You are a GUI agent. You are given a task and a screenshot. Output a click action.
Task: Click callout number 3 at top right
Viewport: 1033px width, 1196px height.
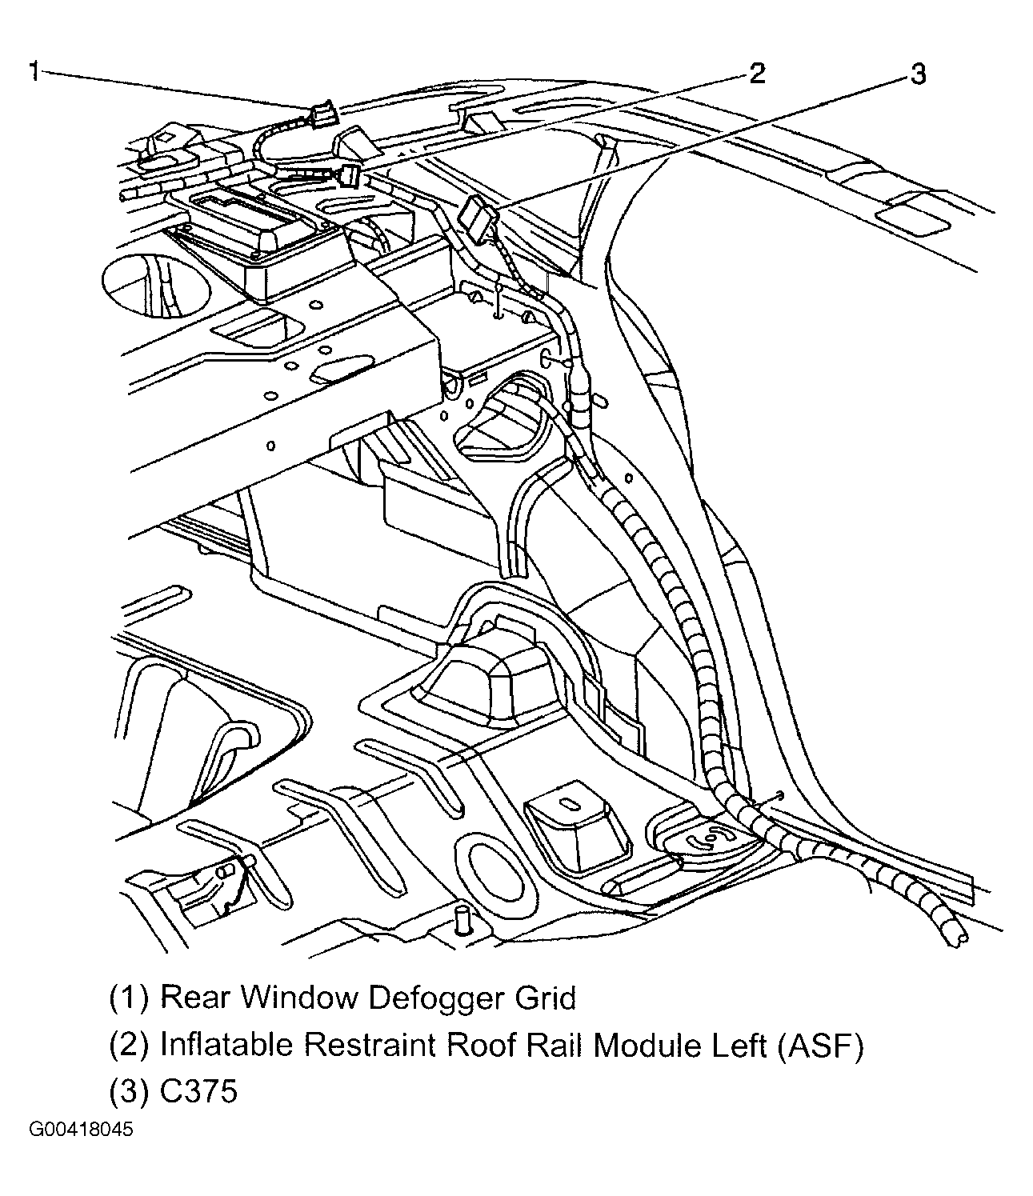point(917,75)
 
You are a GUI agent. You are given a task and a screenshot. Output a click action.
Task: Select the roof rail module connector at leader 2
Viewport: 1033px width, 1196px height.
point(349,175)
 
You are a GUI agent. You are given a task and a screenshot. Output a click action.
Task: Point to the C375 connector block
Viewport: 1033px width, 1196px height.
point(478,218)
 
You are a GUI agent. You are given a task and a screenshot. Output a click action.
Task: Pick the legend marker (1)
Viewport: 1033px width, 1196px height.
point(129,998)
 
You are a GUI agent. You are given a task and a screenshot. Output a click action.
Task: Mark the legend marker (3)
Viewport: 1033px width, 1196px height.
point(129,1091)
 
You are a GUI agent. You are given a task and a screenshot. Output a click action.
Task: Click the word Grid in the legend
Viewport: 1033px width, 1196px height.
point(544,998)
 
